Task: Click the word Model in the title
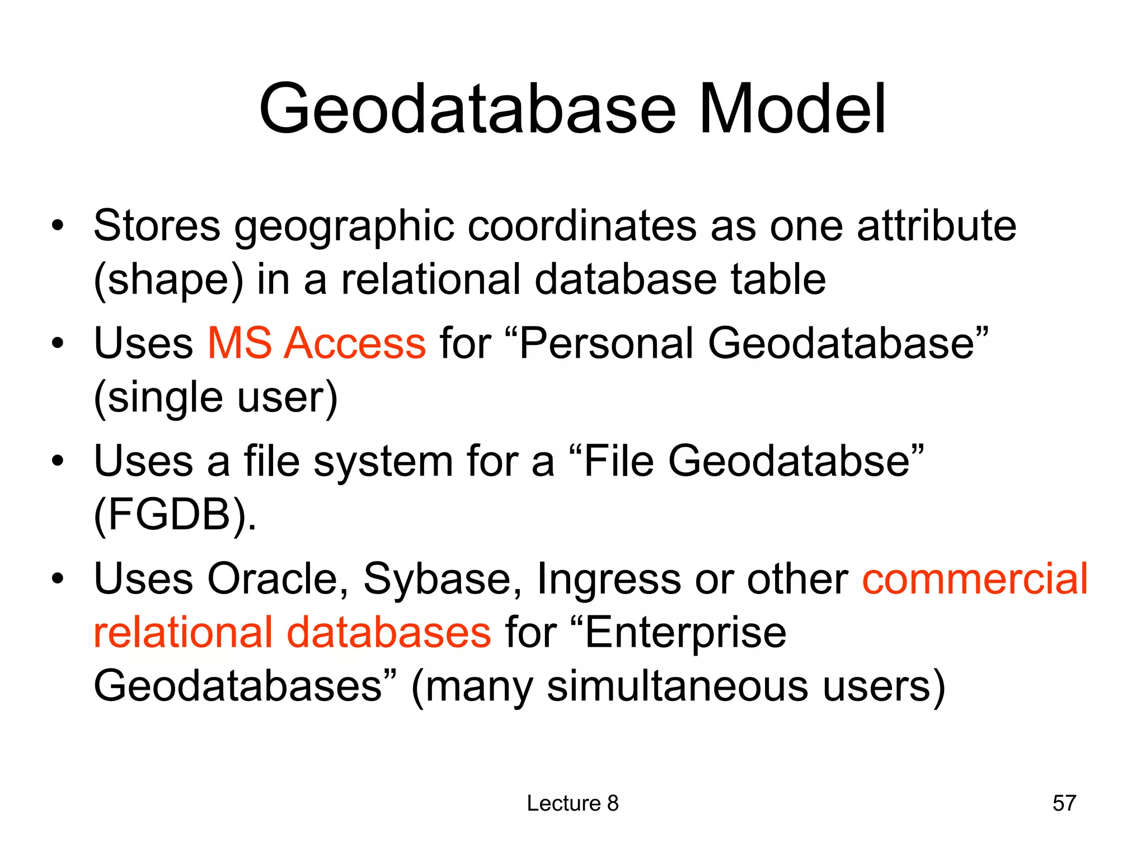click(x=792, y=109)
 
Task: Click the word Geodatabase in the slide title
click(x=467, y=109)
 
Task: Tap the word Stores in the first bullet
click(x=157, y=226)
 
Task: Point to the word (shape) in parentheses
click(x=168, y=280)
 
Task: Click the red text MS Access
click(x=317, y=343)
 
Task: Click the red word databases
click(x=389, y=633)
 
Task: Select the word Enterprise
click(x=685, y=633)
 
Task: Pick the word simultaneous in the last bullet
click(x=677, y=687)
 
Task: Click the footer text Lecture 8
click(x=572, y=803)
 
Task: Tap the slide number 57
click(x=1064, y=803)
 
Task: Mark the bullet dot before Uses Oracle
click(x=57, y=578)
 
